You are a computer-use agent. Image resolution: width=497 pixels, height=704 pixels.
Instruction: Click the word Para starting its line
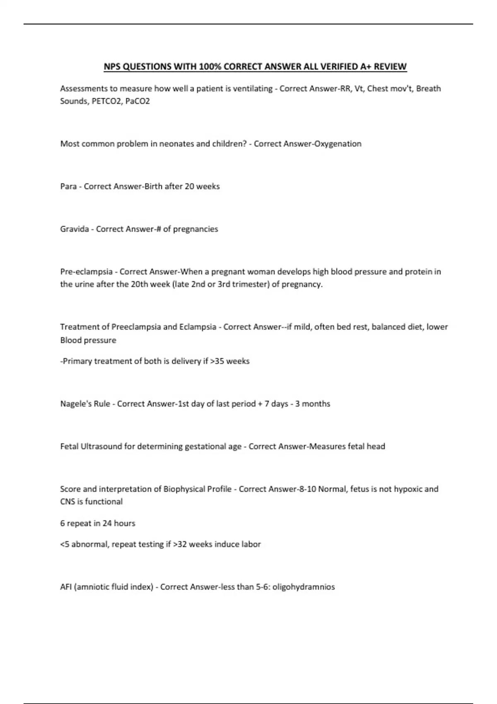point(68,186)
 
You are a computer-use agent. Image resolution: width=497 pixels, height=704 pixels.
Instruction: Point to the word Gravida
point(75,229)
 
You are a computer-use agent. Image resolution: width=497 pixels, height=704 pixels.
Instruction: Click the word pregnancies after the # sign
point(195,229)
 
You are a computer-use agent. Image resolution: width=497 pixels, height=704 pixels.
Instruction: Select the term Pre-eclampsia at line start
point(86,272)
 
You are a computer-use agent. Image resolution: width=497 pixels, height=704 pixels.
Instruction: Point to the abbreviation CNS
point(68,501)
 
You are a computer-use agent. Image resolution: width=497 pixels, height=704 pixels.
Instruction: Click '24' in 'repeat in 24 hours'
point(107,523)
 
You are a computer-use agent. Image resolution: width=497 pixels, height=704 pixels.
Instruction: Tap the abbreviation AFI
point(66,587)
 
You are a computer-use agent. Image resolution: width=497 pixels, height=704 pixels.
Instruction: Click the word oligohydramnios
point(304,587)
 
